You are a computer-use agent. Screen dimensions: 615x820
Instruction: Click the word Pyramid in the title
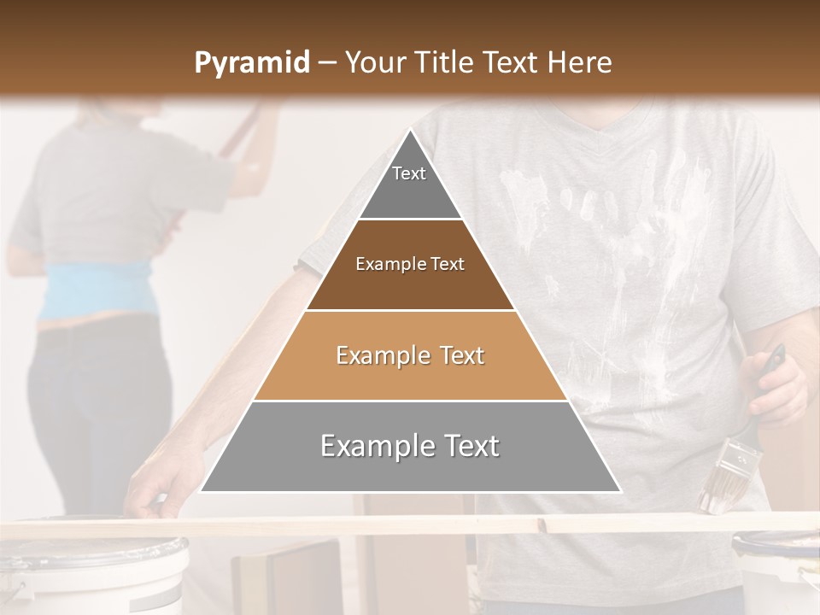[x=252, y=63]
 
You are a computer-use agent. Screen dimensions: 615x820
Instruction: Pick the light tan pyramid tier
[x=410, y=356]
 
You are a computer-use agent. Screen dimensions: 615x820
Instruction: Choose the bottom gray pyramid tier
[x=410, y=447]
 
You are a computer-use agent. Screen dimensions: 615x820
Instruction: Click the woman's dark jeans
[x=94, y=410]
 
